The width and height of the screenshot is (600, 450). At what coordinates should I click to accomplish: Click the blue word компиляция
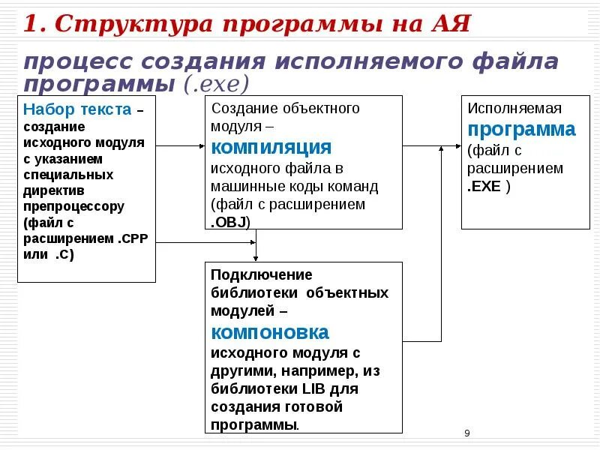pyautogui.click(x=271, y=146)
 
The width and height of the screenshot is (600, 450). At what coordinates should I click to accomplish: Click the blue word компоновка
pyautogui.click(x=270, y=332)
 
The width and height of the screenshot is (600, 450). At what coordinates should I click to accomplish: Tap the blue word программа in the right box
pyautogui.click(x=522, y=129)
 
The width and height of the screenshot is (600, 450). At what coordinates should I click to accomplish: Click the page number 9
pyautogui.click(x=467, y=433)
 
